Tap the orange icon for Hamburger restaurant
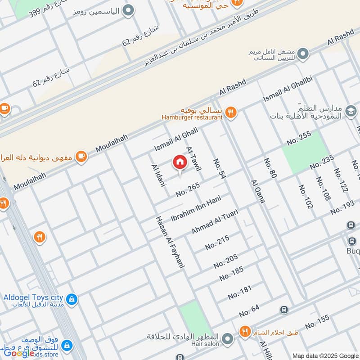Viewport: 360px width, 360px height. click(231, 112)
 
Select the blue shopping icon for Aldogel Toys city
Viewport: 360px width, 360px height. click(71, 298)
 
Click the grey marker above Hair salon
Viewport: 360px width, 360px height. click(229, 337)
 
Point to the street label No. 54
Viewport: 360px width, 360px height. click(219, 170)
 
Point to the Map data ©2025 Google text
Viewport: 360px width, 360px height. click(325, 355)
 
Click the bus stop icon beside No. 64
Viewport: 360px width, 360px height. click(283, 310)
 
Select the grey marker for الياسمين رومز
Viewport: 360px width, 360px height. click(129, 10)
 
